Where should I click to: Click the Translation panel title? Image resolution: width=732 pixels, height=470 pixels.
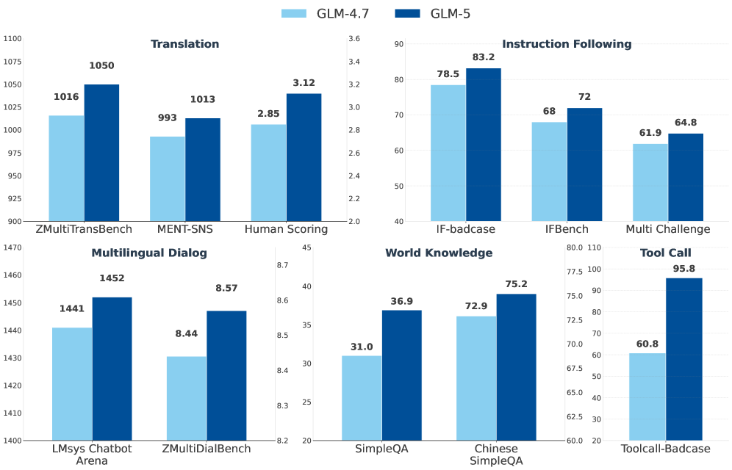tap(184, 44)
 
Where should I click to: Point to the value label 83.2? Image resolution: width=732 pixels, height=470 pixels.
tap(484, 57)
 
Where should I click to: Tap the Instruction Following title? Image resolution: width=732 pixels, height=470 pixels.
tap(567, 44)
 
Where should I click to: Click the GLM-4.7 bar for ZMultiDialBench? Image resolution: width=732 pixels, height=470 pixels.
tap(187, 398)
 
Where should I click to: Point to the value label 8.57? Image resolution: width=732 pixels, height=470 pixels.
tap(227, 289)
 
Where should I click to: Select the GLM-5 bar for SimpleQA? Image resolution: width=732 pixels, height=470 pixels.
tap(401, 375)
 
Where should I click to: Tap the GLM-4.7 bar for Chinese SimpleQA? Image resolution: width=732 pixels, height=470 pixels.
tap(476, 378)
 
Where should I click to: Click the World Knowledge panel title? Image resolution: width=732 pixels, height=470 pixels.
tap(439, 253)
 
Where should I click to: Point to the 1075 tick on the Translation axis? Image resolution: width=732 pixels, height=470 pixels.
tap(11, 62)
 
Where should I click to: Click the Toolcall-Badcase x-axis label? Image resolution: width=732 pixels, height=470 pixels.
tap(666, 449)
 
